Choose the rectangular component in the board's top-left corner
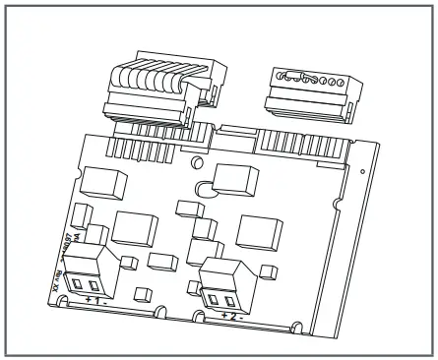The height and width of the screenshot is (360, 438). [102, 181]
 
